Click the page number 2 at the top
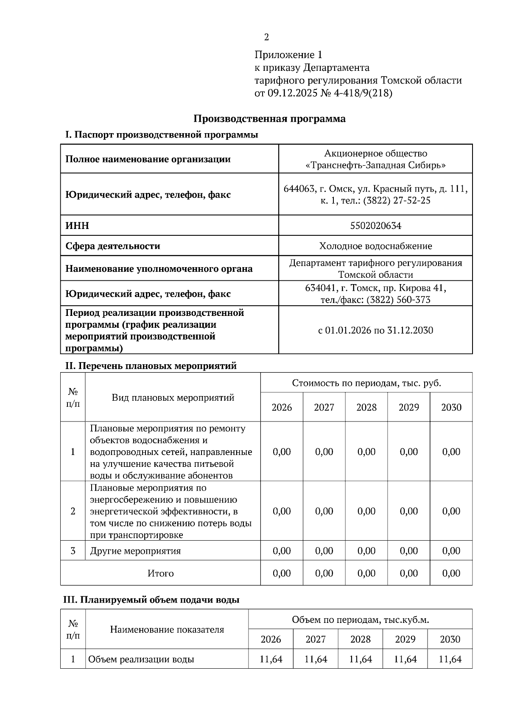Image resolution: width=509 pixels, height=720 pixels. [266, 37]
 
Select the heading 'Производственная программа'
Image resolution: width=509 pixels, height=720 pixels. [269, 119]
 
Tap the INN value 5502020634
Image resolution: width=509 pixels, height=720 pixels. [375, 226]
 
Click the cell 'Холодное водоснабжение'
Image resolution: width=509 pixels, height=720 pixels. [375, 246]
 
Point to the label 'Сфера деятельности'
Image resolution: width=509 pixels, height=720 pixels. [112, 246]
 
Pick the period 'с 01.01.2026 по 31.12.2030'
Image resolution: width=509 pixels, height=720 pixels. [375, 330]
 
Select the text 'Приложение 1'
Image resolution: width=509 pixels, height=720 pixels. [288, 55]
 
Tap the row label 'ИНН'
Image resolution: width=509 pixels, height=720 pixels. [77, 226]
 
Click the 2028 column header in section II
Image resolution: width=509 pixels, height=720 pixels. [366, 407]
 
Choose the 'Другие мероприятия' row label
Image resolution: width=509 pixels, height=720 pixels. [135, 551]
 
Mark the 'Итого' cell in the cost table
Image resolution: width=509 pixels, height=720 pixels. [160, 573]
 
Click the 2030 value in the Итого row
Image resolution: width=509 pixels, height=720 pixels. [451, 573]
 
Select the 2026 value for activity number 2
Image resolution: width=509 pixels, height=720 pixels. [282, 511]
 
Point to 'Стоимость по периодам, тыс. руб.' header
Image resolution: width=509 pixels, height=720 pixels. [366, 383]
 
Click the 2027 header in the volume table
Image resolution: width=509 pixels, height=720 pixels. [316, 639]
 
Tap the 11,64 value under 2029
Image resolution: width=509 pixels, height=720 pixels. [405, 659]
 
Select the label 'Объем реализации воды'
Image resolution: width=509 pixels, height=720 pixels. [141, 659]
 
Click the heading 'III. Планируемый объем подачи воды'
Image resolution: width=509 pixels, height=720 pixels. [151, 600]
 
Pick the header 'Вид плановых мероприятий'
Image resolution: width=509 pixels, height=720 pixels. [173, 397]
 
